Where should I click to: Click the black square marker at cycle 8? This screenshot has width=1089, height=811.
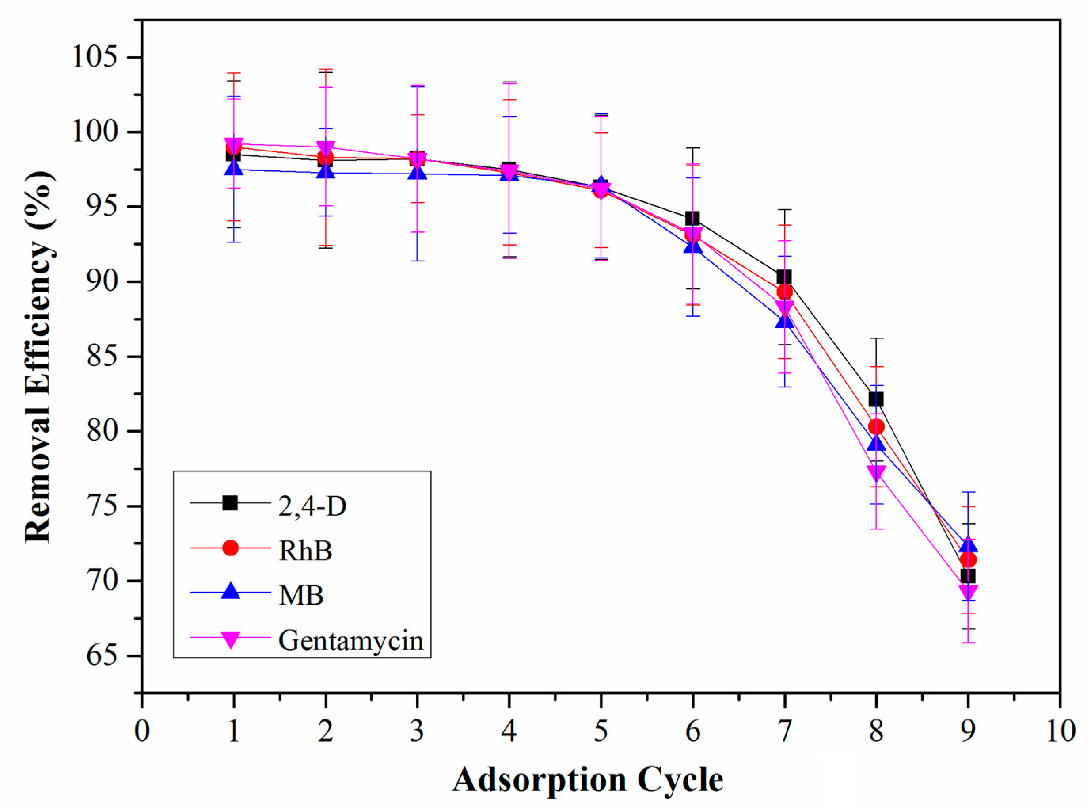point(876,400)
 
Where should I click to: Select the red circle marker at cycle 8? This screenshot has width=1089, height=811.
point(876,427)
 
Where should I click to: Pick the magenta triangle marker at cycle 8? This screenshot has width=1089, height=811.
point(876,472)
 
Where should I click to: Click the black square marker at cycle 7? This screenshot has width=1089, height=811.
point(784,277)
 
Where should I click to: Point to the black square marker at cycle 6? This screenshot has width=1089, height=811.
point(692,218)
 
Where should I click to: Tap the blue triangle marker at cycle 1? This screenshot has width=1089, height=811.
point(234,168)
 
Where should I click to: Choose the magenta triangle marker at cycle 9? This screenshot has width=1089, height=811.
point(968,592)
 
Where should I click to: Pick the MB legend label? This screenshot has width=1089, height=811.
point(301,595)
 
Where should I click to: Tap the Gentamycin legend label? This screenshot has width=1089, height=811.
point(351,641)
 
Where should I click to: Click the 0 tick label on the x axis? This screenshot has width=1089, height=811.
point(142,731)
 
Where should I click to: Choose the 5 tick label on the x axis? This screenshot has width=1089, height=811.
point(601,731)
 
